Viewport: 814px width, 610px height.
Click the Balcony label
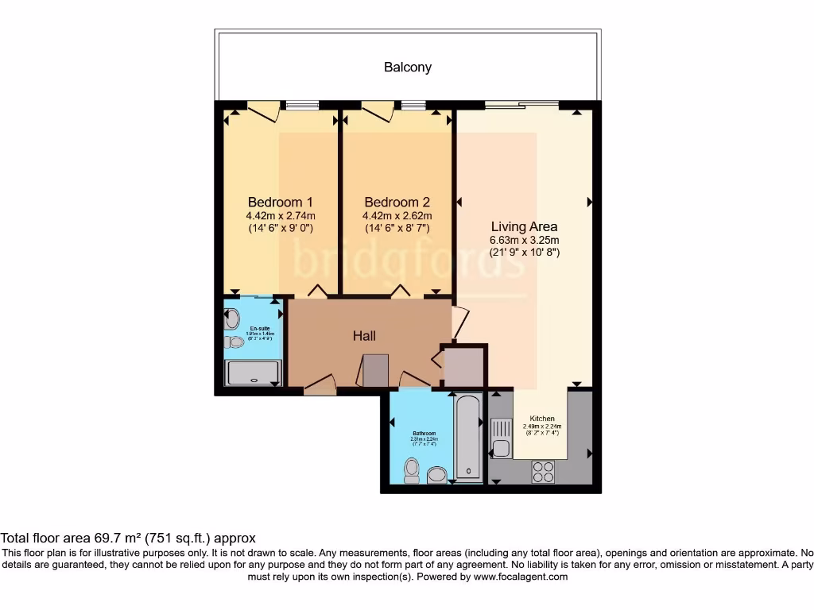[x=408, y=68]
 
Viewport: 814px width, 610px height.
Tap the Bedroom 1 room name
[x=280, y=202]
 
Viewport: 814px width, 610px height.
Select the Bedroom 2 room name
[x=397, y=202]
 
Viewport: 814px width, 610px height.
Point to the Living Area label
[x=524, y=226]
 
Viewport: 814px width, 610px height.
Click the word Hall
[x=364, y=336]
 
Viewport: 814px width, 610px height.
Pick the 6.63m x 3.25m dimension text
[x=525, y=241]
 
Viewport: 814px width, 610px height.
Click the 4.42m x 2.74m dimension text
[x=281, y=215]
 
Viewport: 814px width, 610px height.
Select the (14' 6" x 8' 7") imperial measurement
[x=397, y=228]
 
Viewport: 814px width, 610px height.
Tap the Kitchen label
[x=541, y=419]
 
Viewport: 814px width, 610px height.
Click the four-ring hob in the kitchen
[x=543, y=472]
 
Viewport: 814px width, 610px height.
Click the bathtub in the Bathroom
[x=468, y=438]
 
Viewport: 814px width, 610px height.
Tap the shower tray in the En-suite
[x=254, y=373]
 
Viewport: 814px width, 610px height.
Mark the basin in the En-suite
[x=232, y=319]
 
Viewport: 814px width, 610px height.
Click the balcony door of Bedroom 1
[x=263, y=111]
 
